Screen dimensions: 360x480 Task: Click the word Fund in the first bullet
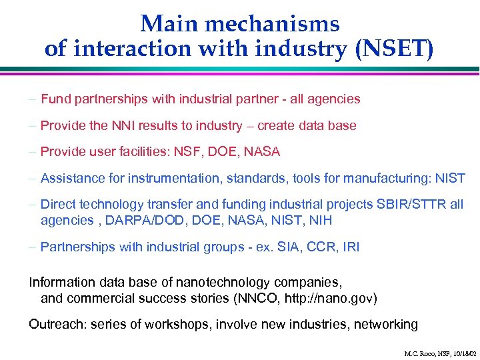pos(55,99)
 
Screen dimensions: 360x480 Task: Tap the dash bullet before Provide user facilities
pos(32,151)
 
